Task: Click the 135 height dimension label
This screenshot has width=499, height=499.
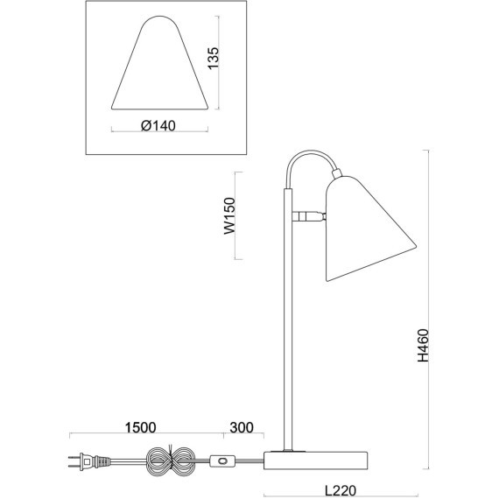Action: (214, 58)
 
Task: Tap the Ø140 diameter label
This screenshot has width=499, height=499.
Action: (158, 126)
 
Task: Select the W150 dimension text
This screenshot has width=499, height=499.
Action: (229, 216)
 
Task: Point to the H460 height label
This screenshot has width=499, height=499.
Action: (424, 345)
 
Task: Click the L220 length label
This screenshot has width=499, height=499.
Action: (341, 491)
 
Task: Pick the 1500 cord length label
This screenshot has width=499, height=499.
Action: (140, 428)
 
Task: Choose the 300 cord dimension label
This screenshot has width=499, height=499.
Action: (242, 428)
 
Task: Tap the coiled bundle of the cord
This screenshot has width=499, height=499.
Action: (170, 460)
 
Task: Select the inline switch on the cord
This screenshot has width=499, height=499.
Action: (222, 460)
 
